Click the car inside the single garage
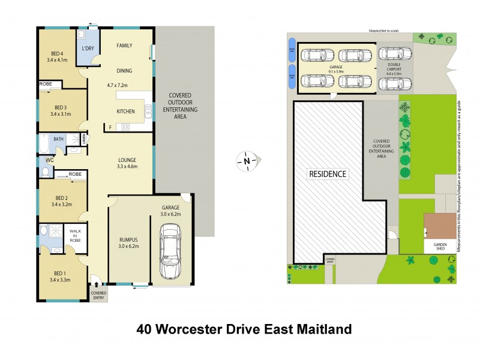tap(170, 253)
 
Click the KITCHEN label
tap(125, 112)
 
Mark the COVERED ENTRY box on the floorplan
tap(98, 293)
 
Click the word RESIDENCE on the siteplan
tap(328, 175)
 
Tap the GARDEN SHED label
tap(440, 246)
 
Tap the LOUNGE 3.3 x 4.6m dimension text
tap(127, 166)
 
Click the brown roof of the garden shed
tap(440, 226)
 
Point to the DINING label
tap(124, 71)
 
